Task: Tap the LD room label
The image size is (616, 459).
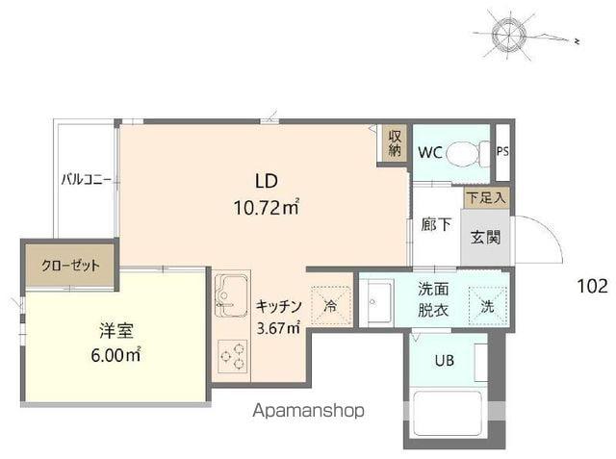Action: (x=267, y=179)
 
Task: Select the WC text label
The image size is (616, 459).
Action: (x=430, y=152)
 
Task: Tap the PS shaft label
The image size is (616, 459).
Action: (x=502, y=151)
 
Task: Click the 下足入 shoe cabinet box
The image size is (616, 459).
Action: (x=486, y=196)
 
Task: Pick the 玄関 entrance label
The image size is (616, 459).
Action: (x=484, y=237)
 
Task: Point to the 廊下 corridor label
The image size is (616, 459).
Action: (x=435, y=225)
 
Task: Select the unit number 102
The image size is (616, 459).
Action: (x=592, y=285)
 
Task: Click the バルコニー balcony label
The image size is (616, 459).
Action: (x=87, y=179)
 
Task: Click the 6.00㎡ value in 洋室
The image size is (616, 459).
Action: (x=115, y=355)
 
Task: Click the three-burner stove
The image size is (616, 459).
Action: (x=231, y=356)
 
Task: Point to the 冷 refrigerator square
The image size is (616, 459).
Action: (x=330, y=307)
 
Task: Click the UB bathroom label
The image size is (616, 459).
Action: (x=444, y=362)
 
